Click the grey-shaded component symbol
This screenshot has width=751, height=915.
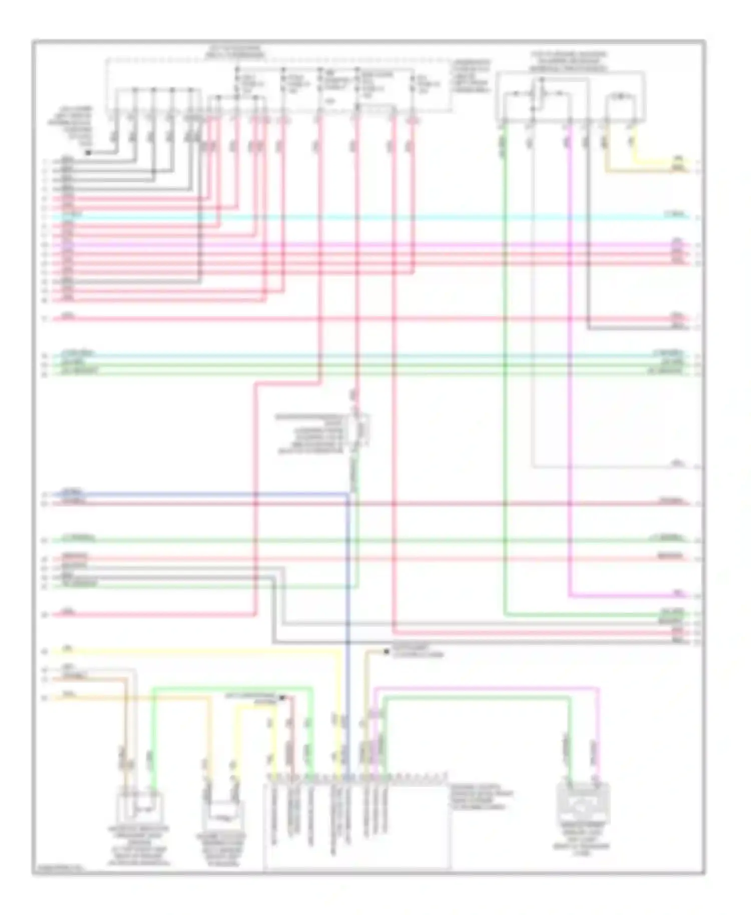(x=583, y=804)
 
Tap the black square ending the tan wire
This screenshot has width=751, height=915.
(x=386, y=652)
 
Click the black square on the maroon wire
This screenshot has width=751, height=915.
(x=282, y=697)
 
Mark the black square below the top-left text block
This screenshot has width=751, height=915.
(x=88, y=152)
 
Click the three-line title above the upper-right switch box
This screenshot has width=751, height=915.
(x=568, y=61)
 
